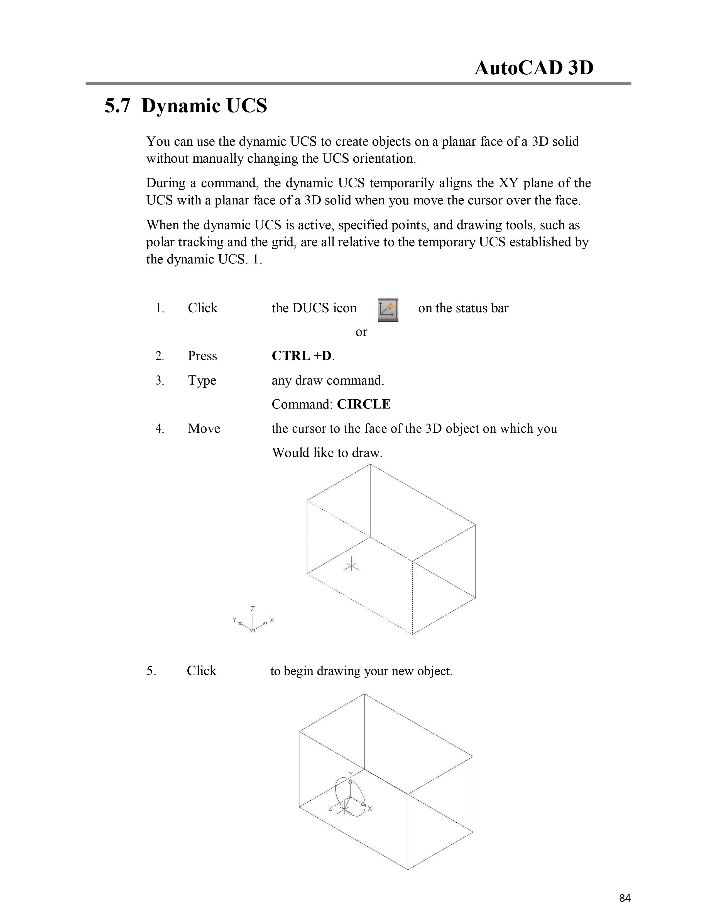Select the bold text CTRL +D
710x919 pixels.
pyautogui.click(x=302, y=356)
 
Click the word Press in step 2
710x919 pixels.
pyautogui.click(x=202, y=356)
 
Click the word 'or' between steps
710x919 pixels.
pyautogui.click(x=361, y=332)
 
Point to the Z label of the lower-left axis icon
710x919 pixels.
pyautogui.click(x=253, y=608)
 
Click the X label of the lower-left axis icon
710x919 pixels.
pyautogui.click(x=272, y=620)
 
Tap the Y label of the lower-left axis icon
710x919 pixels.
pyautogui.click(x=234, y=619)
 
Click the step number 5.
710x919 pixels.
pyautogui.click(x=151, y=671)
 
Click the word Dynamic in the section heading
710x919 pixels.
pyautogui.click(x=181, y=106)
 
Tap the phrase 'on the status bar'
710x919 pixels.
pyautogui.click(x=463, y=308)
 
